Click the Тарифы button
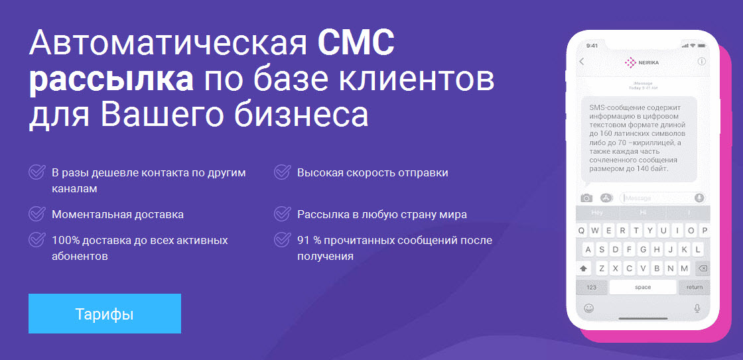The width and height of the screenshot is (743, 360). tap(105, 314)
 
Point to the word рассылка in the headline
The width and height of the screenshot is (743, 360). tap(111, 81)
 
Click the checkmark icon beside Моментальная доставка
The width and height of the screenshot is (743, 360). tap(37, 214)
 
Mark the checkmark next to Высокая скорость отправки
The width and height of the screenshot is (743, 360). tap(283, 172)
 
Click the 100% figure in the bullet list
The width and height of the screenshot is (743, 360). tap(66, 240)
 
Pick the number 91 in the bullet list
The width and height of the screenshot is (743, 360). tap(303, 240)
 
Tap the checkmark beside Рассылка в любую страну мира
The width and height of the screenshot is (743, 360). tap(283, 214)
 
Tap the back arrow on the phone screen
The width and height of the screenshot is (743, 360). tap(582, 62)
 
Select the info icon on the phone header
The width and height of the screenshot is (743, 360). tap(702, 62)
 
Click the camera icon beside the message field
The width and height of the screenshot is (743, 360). tap(586, 198)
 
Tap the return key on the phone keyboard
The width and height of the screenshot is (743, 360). tap(694, 287)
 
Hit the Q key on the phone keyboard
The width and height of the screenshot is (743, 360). tap(582, 231)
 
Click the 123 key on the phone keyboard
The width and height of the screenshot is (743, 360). tap(591, 287)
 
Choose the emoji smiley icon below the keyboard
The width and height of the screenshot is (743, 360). tap(588, 308)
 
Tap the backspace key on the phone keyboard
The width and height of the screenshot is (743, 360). tap(703, 269)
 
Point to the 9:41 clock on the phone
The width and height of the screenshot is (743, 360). tap(592, 46)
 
